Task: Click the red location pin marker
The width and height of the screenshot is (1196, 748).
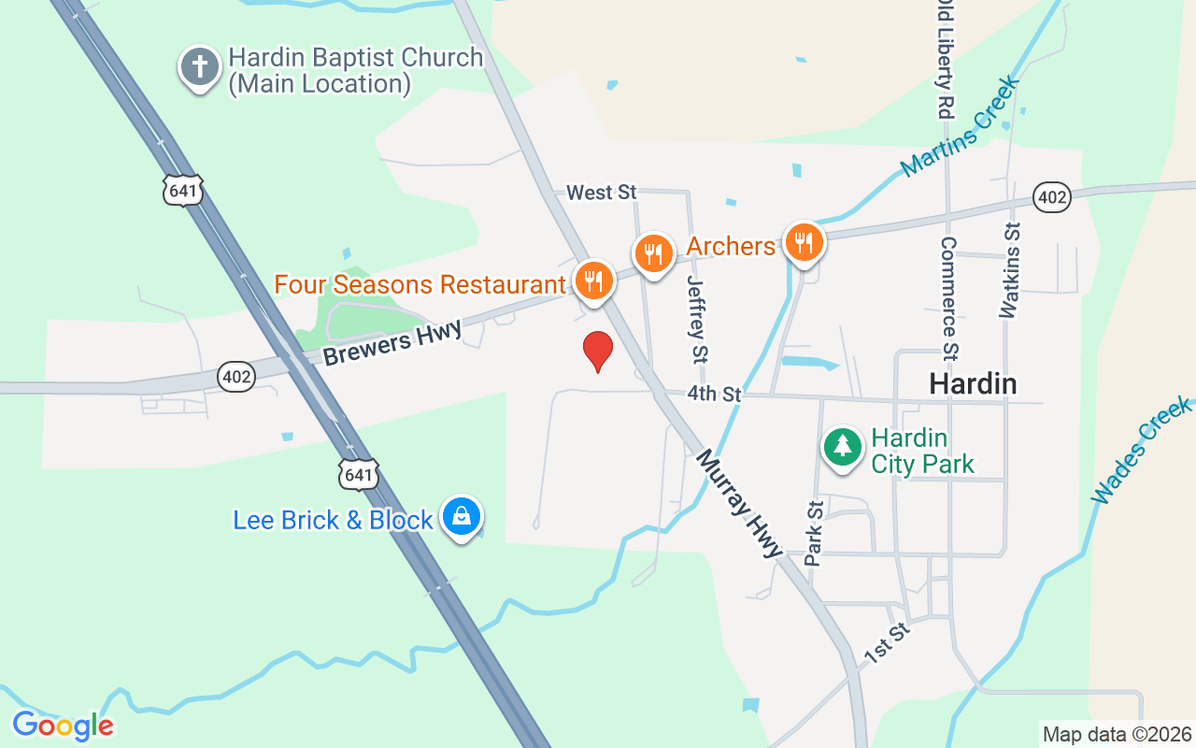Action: point(597,351)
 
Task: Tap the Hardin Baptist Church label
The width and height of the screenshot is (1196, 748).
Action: point(356,70)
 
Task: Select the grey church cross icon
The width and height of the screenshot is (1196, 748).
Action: point(199,66)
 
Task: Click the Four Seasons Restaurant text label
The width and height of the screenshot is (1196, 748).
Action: point(420,284)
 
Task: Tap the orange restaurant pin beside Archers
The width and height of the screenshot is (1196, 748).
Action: point(803,242)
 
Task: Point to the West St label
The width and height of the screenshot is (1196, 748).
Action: point(602,193)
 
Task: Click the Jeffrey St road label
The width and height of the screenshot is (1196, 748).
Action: point(697,318)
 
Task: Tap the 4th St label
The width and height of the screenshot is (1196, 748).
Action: point(714,395)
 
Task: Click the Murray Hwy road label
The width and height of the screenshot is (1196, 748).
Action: point(738,503)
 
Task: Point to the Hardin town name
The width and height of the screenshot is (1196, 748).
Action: point(972,383)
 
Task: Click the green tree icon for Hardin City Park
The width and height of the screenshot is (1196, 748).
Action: point(843,445)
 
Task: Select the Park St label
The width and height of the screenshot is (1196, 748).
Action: point(815,533)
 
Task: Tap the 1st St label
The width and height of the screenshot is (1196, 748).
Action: point(887,644)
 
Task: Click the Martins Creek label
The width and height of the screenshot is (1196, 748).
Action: point(961,125)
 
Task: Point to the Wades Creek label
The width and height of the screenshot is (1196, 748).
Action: point(1141,450)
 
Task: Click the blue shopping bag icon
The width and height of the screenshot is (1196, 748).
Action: point(462,515)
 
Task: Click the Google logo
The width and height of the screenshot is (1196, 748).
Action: point(63,726)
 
